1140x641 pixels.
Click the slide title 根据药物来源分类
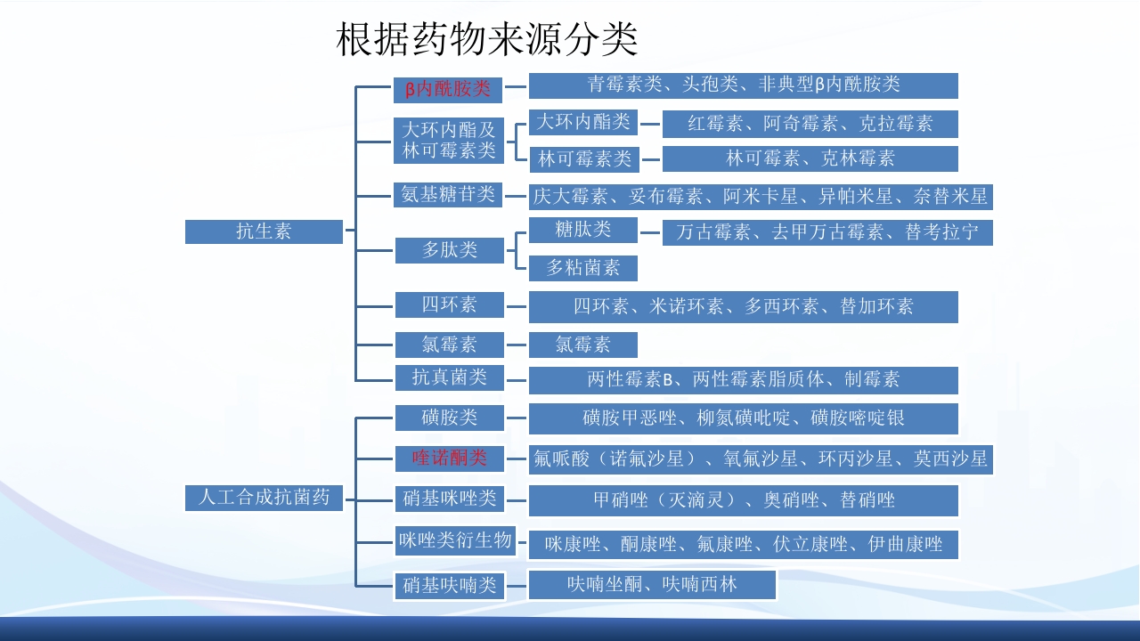[487, 39]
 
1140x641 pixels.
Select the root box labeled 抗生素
[264, 231]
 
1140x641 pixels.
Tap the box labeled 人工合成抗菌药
[264, 497]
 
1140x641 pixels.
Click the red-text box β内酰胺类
[448, 88]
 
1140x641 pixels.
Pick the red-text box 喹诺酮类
[450, 458]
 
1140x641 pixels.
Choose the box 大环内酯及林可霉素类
[449, 140]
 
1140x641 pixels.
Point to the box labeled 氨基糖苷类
[448, 194]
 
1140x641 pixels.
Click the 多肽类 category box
[450, 250]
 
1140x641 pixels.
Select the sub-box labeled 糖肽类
[583, 230]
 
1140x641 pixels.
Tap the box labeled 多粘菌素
[583, 267]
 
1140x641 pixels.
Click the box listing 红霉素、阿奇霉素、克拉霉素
[810, 124]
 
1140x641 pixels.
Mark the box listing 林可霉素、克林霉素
[810, 158]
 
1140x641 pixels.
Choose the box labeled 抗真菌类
[450, 377]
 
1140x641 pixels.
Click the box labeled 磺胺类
[450, 417]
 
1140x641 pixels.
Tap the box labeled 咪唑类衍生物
[455, 540]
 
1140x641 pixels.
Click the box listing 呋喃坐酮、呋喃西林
[652, 585]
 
